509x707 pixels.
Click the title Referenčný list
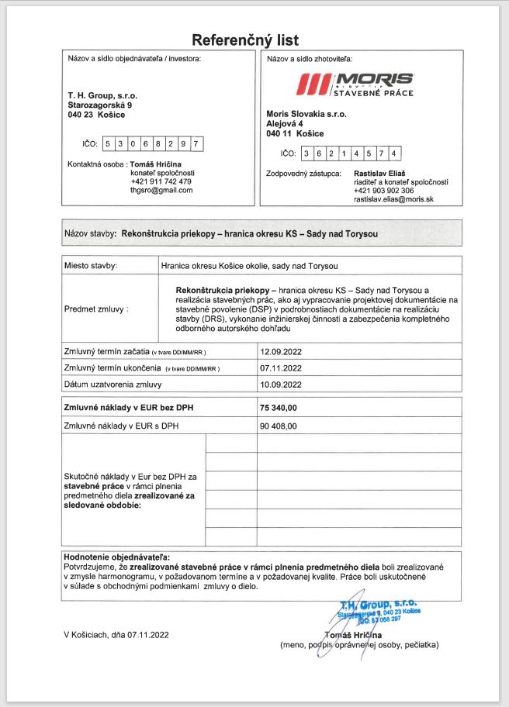245,40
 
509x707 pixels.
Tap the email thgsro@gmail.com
161,190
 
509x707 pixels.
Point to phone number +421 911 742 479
161,181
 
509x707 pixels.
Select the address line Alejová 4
286,123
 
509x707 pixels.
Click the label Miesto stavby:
91,266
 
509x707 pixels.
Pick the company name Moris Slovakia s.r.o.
306,113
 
